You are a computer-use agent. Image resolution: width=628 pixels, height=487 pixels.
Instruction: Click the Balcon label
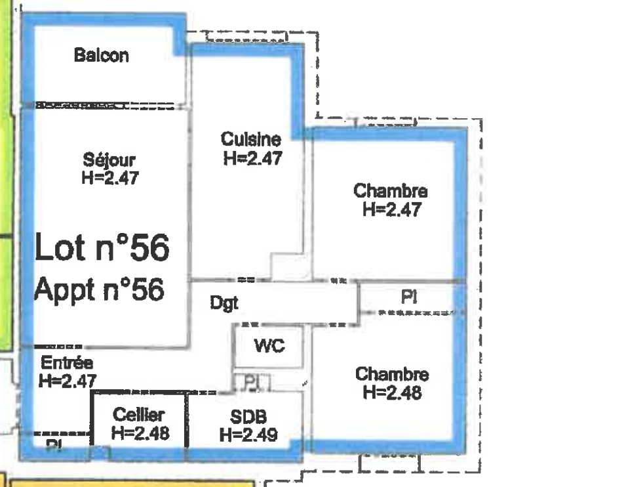pos(102,55)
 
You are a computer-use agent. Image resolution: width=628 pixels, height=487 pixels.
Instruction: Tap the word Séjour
pos(109,160)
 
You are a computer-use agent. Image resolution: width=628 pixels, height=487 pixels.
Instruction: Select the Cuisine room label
pos(250,139)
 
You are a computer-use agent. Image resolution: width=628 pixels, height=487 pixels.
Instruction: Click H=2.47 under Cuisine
pos(253,158)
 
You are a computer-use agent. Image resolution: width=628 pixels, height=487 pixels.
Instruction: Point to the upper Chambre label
pos(391,190)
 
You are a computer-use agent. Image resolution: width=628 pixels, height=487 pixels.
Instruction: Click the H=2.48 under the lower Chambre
pos(392,392)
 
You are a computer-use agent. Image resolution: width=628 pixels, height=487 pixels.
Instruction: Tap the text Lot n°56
pos(102,247)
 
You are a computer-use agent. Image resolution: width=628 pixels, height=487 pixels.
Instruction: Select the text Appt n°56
pos(100,289)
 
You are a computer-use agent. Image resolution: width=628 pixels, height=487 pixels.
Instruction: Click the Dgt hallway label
pos(224,303)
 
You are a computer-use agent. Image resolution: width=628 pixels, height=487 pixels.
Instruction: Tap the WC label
pos(269,345)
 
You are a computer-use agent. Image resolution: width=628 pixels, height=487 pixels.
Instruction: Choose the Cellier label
pos(138,414)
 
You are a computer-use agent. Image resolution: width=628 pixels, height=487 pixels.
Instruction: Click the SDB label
pos(248,417)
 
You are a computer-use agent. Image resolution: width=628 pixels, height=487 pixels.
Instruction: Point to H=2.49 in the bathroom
pos(248,434)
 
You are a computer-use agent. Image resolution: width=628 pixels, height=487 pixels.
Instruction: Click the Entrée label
pos(67,363)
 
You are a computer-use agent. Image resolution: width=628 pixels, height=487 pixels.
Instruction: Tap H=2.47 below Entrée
pos(68,381)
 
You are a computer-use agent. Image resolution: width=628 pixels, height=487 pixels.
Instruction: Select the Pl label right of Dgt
pos(409,297)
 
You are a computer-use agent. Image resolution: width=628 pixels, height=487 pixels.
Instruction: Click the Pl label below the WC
pos(252,382)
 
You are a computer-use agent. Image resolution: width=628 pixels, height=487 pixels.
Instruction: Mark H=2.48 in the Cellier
pos(140,433)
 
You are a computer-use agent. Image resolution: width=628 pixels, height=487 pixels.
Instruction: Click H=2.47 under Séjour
pos(110,178)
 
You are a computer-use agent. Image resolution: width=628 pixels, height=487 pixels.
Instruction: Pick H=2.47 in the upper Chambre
pos(392,209)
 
